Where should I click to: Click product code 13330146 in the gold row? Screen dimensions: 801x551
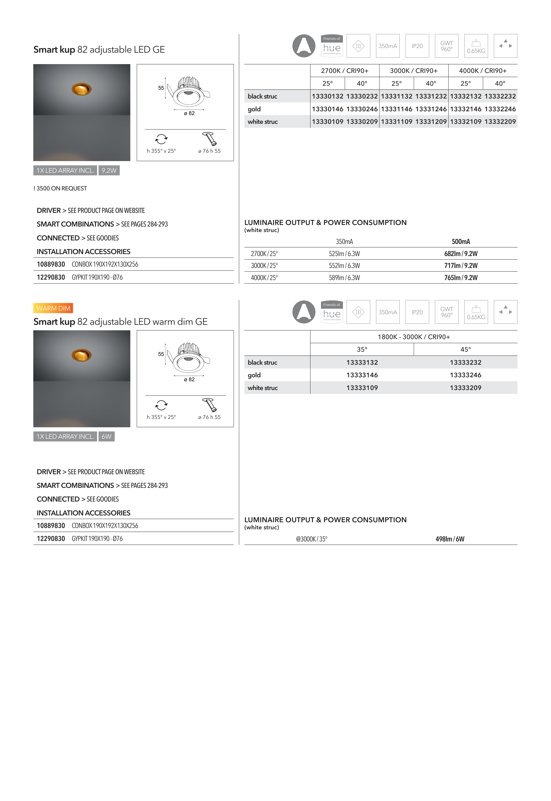click(327, 109)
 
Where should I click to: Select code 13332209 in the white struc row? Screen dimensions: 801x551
click(500, 122)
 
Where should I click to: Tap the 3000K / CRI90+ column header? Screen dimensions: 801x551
click(414, 71)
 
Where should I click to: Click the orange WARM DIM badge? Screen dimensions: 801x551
click(53, 308)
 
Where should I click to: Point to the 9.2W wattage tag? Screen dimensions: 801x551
click(109, 170)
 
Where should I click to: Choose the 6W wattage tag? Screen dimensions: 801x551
click(106, 436)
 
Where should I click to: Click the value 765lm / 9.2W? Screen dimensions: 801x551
click(461, 278)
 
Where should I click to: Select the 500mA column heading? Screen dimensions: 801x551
click(461, 242)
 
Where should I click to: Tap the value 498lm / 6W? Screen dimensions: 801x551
click(450, 539)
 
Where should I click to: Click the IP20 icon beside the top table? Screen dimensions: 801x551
click(417, 46)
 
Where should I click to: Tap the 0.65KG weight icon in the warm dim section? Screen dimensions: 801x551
click(476, 312)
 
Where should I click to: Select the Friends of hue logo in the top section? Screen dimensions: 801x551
click(331, 46)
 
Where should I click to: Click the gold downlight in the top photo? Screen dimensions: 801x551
click(82, 89)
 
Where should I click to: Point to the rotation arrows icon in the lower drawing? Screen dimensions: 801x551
click(161, 405)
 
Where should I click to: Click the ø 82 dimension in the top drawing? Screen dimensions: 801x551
click(189, 113)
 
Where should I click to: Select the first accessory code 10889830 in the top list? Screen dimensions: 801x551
click(51, 264)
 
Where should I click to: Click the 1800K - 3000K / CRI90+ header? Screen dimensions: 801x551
click(414, 337)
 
